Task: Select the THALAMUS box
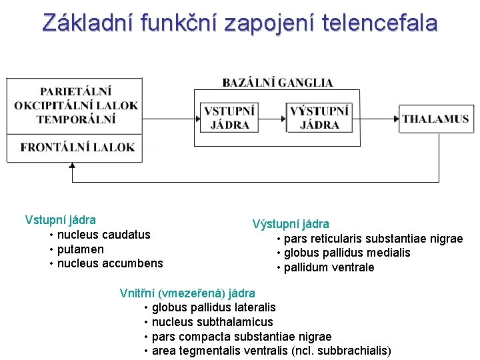pos(436,119)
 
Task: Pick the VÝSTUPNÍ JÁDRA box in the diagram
pos(320,118)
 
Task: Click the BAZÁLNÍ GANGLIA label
pos(277,83)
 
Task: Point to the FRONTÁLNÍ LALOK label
pos(77,147)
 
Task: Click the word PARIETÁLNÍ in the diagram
pos(75,92)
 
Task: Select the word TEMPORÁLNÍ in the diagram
pos(76,119)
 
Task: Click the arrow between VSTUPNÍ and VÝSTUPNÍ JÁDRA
pos(273,118)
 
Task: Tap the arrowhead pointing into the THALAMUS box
pos(395,119)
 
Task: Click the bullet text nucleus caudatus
pos(103,235)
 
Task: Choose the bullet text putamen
pos(81,249)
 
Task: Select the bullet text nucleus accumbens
pos(110,263)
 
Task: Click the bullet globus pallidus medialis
pos(347,253)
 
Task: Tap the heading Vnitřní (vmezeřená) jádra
pos(187,293)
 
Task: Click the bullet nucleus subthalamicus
pos(212,322)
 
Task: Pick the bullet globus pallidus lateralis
pos(213,307)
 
